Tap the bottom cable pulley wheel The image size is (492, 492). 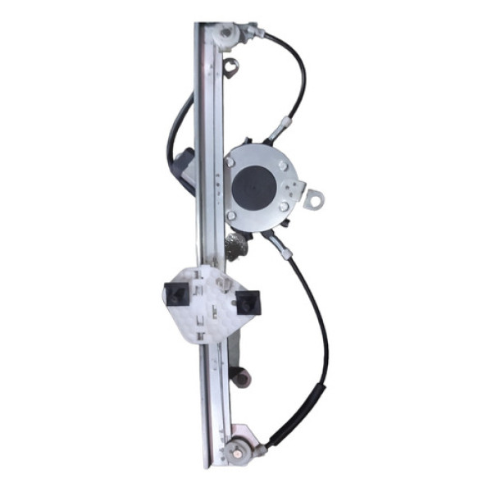239,449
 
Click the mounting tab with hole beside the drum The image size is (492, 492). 313,198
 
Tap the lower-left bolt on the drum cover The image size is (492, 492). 231,216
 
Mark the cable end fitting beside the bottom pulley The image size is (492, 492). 261,448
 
